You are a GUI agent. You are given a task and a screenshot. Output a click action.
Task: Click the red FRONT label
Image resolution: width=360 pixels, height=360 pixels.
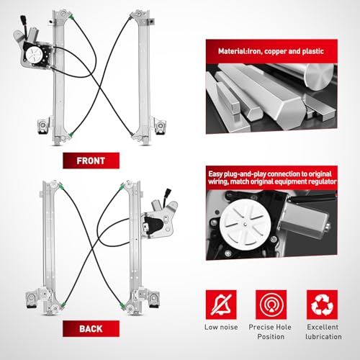click(x=91, y=161)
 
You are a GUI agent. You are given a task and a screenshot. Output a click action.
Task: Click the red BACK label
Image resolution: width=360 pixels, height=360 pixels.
click(x=91, y=328)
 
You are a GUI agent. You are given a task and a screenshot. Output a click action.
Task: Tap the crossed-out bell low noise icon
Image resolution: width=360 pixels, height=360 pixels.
click(x=221, y=305)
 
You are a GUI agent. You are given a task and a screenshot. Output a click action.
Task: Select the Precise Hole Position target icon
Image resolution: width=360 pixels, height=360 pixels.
click(x=271, y=305)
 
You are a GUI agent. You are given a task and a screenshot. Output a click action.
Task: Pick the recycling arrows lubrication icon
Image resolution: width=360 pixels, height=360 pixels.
click(x=322, y=305)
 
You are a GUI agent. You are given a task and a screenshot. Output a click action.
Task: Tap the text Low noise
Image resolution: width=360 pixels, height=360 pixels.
click(x=221, y=327)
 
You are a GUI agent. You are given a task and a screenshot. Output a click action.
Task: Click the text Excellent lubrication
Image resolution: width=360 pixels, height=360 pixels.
click(x=323, y=332)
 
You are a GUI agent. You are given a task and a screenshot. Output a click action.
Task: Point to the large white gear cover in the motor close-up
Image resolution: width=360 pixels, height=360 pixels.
click(x=245, y=225)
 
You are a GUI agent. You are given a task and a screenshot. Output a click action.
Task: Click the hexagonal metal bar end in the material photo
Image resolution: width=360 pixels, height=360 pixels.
click(x=254, y=112)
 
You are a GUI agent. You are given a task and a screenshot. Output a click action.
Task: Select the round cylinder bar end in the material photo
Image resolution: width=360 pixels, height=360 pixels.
click(x=320, y=77)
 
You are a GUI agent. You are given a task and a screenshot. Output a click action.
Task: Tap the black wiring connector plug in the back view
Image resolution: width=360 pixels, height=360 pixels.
click(x=168, y=192)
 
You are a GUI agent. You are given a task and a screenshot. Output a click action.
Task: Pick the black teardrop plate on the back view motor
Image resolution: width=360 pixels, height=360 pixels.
click(x=153, y=225)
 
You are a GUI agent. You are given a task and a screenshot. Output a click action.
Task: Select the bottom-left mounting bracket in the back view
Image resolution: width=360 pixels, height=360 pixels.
click(x=31, y=299)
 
